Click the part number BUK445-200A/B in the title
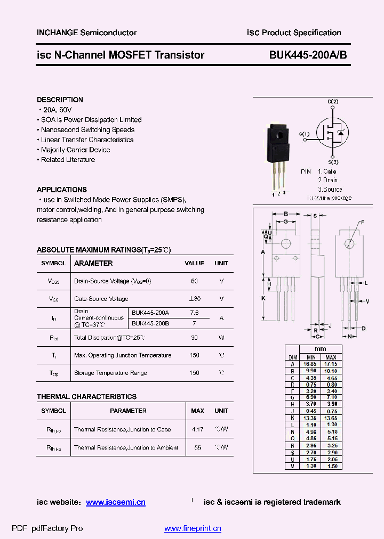[x=305, y=55]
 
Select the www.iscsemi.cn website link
[x=116, y=502]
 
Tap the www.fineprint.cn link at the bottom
[x=193, y=528]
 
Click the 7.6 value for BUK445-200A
[x=194, y=313]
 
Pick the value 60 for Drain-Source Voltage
[x=194, y=281]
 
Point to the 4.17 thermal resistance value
[x=197, y=429]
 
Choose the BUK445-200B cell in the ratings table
[x=150, y=323]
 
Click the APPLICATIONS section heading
[x=62, y=190]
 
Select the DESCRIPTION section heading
[x=60, y=100]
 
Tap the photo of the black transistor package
[x=279, y=154]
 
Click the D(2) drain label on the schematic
[x=333, y=102]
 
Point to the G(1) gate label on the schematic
[x=304, y=134]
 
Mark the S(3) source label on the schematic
[x=333, y=162]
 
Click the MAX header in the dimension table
[x=331, y=357]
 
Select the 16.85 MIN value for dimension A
[x=310, y=364]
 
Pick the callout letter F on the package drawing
[x=362, y=222]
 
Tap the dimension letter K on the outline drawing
[x=263, y=298]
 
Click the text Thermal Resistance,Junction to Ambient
[x=126, y=448]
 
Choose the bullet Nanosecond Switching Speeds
[x=87, y=129]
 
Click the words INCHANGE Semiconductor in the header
[x=86, y=32]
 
